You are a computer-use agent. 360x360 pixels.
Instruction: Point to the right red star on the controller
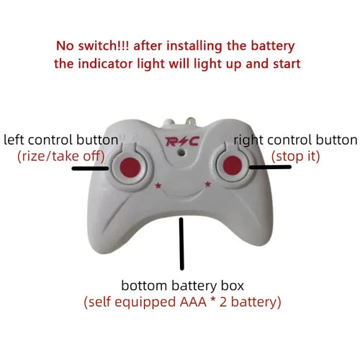(208, 185)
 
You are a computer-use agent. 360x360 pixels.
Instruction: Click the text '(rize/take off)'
(60, 155)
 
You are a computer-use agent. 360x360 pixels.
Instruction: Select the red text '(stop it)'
(295, 155)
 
